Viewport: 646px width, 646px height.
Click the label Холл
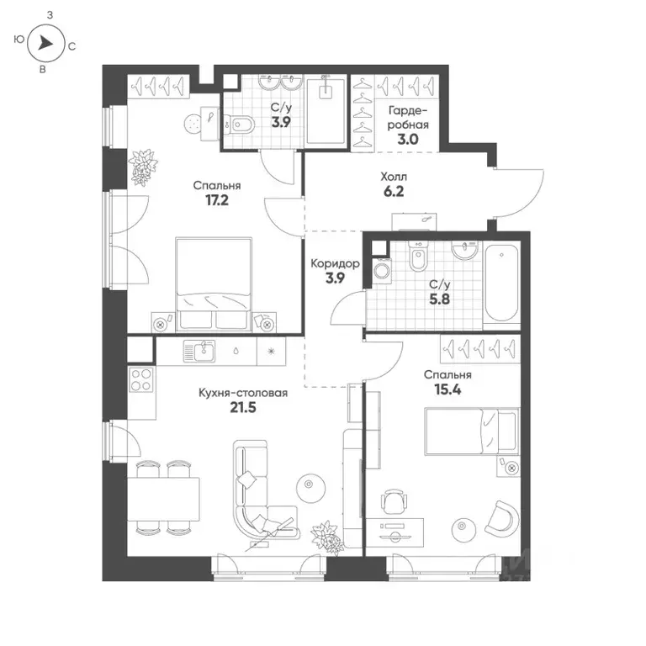[393, 177]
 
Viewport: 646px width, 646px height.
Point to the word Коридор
[336, 264]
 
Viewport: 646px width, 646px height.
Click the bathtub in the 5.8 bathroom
[502, 281]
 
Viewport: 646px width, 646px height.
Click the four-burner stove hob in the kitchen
[141, 380]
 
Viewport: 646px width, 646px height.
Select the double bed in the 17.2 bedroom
[214, 283]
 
